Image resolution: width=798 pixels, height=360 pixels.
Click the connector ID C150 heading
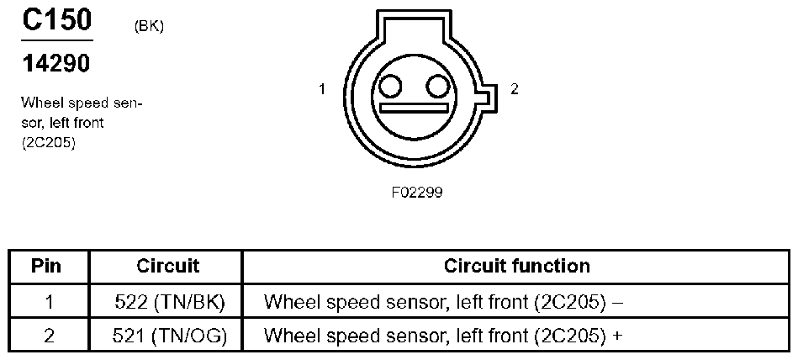56,19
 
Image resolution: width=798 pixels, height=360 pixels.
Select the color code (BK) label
149,27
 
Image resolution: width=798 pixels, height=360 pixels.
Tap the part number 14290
56,64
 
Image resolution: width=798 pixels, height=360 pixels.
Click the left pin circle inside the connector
390,86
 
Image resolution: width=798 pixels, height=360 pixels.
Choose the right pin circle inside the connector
437,86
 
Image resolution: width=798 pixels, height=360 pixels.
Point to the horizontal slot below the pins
414,108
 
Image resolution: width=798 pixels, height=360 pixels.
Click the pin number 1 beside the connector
322,89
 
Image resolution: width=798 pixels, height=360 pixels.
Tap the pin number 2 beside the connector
515,89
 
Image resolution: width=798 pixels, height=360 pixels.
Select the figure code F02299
417,193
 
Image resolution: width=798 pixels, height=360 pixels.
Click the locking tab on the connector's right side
487,98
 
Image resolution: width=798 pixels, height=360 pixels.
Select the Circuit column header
167,266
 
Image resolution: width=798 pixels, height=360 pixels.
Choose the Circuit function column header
516,266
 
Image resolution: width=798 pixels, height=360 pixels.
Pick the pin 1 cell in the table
49,303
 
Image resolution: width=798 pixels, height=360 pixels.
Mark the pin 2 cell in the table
49,336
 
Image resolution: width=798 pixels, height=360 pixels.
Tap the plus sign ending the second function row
618,336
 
